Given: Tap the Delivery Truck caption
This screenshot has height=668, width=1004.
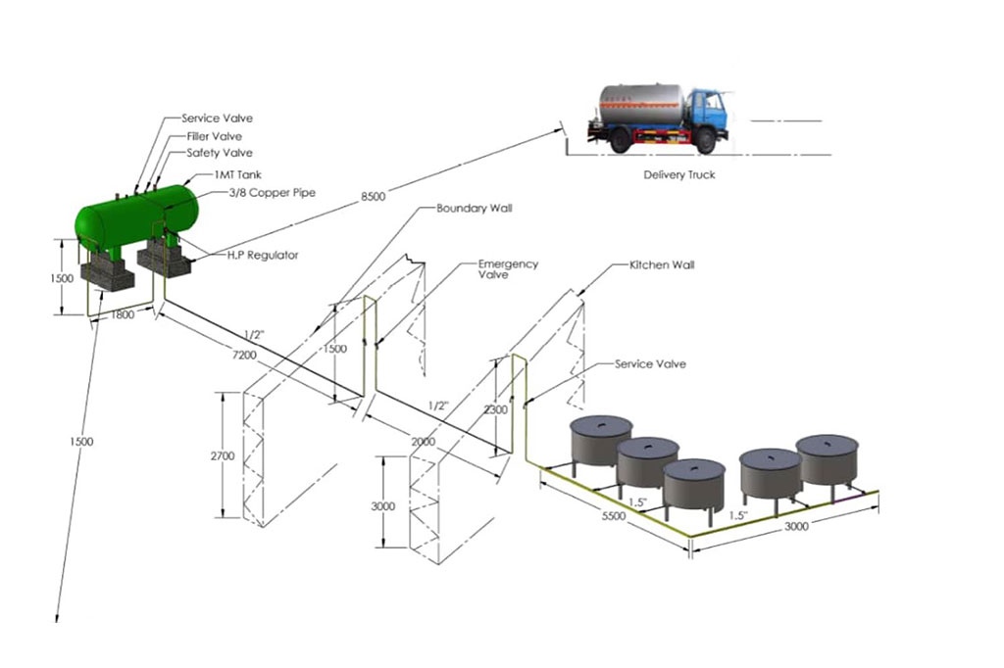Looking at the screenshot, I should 678,175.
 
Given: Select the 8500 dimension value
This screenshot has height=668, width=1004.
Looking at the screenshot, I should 374,198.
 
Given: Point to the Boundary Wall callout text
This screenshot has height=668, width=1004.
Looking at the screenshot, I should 475,209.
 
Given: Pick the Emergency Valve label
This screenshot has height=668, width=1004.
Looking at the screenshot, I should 508,269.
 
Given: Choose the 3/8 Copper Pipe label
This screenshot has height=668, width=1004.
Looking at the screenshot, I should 272,192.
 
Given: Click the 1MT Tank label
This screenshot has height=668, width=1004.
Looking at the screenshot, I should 237,174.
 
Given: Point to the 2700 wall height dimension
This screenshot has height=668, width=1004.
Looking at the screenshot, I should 225,456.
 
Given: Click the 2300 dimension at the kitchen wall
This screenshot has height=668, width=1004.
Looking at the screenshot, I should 496,409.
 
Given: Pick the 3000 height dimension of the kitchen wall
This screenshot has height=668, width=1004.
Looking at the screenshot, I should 383,506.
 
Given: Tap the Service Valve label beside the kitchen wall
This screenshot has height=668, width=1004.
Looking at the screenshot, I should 650,364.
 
